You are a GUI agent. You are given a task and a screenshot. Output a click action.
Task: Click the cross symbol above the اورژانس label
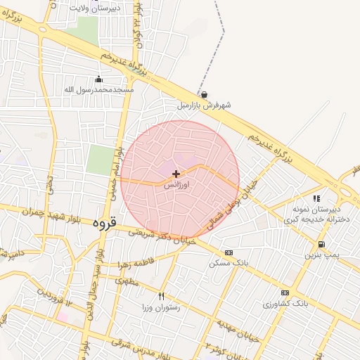coord(175,173)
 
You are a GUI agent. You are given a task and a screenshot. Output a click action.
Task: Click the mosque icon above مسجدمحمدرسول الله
coord(98,79)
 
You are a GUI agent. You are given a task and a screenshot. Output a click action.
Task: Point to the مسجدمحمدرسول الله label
coord(98,89)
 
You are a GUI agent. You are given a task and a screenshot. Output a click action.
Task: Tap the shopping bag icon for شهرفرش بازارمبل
coord(204,94)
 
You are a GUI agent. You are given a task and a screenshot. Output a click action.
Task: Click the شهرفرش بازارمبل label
coord(204,105)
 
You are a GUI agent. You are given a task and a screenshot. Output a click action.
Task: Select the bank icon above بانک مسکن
coord(229,252)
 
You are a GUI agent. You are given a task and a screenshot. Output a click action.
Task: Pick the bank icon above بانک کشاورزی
coord(285,292)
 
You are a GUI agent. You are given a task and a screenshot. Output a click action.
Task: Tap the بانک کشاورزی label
coord(285,304)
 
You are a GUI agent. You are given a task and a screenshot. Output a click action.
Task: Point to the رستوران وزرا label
coord(161,307)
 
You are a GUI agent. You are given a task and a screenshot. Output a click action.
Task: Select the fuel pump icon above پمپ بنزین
coord(321,244)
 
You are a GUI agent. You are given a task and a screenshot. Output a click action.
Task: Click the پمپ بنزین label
coord(321,255)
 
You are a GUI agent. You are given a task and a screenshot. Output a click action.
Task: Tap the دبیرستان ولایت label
coord(96,7)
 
